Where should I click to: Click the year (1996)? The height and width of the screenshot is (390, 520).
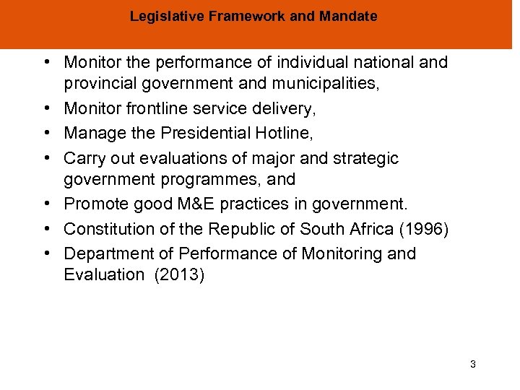click(x=424, y=230)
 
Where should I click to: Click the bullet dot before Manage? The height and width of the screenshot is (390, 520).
click(x=53, y=133)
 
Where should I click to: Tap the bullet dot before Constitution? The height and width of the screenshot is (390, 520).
click(x=53, y=230)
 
